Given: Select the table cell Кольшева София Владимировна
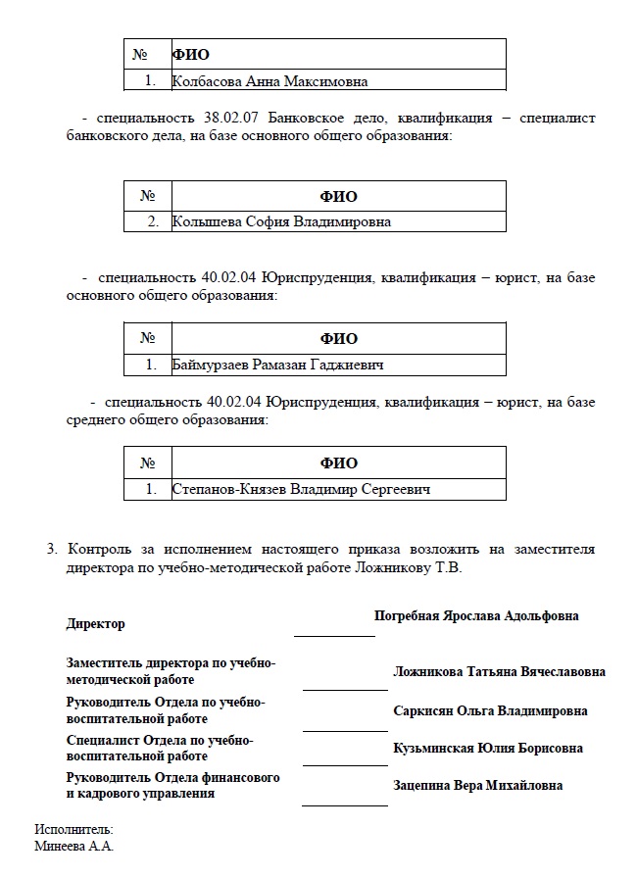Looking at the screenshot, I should click(281, 221).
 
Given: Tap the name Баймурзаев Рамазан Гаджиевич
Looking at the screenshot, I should click(277, 365).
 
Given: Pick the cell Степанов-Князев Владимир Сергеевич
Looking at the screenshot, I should click(301, 489).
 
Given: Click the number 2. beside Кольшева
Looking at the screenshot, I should click(153, 221).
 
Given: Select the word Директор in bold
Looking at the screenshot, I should click(95, 624).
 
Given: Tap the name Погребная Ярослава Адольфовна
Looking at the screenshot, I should click(476, 616).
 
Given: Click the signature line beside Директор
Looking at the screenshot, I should click(334, 635).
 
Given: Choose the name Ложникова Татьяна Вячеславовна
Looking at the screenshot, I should click(499, 672).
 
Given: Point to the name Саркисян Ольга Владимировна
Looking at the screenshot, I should click(490, 710).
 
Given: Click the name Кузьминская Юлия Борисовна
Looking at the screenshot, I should click(487, 749).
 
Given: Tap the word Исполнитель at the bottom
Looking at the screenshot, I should click(74, 830).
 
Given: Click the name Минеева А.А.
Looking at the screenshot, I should click(74, 846).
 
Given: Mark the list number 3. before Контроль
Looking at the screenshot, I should click(53, 549).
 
